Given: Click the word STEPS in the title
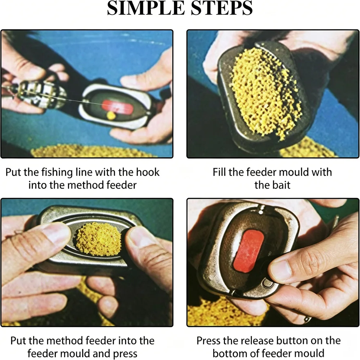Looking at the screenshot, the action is tap(222, 8).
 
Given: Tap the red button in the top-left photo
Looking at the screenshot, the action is tap(117, 107).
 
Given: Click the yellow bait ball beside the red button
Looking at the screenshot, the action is tap(111, 116).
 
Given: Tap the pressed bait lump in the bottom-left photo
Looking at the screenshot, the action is tap(99, 239).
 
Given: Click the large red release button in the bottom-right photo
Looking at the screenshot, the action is tap(248, 251).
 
